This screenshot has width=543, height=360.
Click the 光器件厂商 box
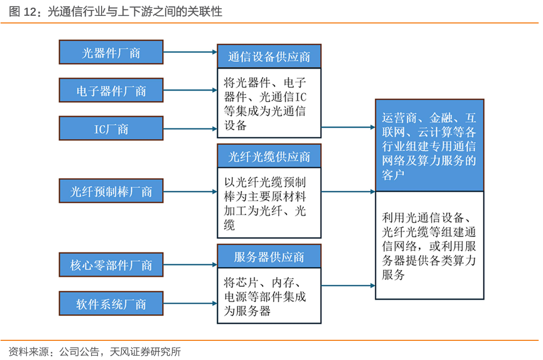(x=111, y=52)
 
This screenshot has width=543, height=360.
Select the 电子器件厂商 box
(x=111, y=90)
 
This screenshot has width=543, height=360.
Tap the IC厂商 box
(x=111, y=128)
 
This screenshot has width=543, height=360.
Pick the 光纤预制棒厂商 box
(x=111, y=191)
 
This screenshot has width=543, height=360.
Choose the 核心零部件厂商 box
(x=111, y=265)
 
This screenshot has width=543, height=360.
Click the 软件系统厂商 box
(x=111, y=304)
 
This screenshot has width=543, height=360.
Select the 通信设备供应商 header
(x=269, y=56)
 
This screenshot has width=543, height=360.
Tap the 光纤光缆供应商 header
(x=269, y=156)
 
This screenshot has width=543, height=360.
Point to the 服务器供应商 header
(x=269, y=256)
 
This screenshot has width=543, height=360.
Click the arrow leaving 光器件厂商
(x=190, y=52)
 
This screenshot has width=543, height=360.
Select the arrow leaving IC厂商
(x=190, y=129)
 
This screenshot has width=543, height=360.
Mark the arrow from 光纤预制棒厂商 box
(x=190, y=191)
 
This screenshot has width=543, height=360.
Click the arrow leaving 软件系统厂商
(x=190, y=304)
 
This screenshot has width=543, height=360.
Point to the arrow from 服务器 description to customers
(x=349, y=286)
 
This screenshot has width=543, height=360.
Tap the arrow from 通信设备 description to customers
(x=349, y=127)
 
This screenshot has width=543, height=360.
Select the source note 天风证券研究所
(x=145, y=352)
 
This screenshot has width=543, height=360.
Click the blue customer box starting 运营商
(x=429, y=145)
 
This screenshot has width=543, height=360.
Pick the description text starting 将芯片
(x=265, y=297)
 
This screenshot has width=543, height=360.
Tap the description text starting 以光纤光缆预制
(x=265, y=204)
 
